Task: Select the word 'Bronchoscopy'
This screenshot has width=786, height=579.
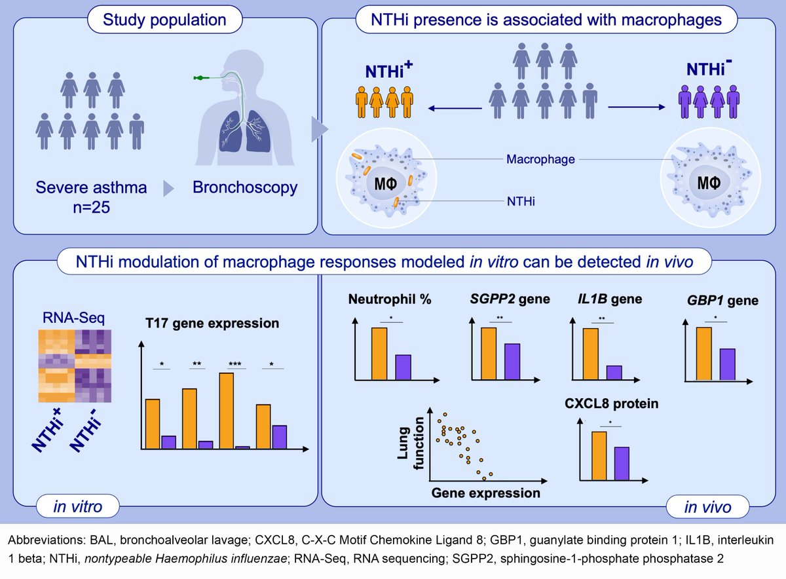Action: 245,187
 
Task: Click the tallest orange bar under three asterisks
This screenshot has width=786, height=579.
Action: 227,411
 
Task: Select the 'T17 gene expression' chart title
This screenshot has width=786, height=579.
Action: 212,324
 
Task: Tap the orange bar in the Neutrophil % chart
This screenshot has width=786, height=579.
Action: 379,354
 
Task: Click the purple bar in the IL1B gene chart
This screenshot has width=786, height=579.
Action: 614,373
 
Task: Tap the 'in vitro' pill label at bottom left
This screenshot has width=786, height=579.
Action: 77,506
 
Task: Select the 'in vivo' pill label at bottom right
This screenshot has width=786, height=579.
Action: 707,506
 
